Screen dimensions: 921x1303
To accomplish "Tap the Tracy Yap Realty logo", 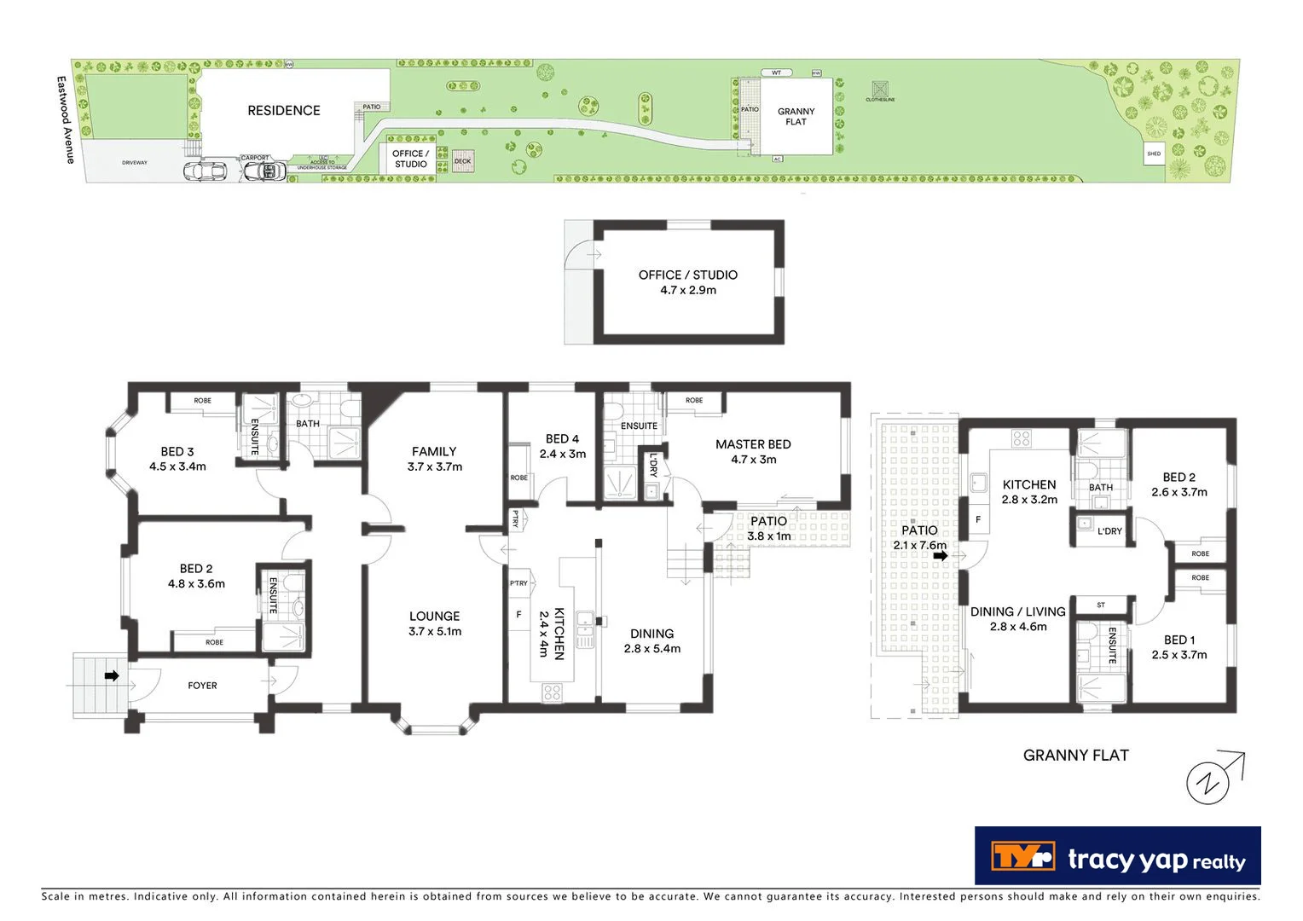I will click(x=1117, y=857).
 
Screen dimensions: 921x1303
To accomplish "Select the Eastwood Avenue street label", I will click(x=65, y=120).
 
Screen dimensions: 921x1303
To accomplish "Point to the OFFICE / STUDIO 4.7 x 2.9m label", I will click(x=687, y=282).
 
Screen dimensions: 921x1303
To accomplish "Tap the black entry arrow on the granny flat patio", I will click(x=941, y=556).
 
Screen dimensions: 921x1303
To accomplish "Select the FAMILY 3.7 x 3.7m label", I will click(x=434, y=459).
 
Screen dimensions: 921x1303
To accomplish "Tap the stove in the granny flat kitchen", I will click(x=1021, y=439).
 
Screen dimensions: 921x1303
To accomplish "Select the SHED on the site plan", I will click(x=1154, y=154).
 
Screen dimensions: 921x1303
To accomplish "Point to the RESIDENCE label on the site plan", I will click(x=284, y=110).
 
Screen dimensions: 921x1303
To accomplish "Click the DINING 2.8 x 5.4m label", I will click(x=651, y=640).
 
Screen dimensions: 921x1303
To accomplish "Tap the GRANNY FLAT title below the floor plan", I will click(x=1075, y=755).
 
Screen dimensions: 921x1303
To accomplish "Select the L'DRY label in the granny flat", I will click(x=1109, y=530).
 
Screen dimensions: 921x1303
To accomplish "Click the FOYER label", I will click(x=202, y=685).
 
